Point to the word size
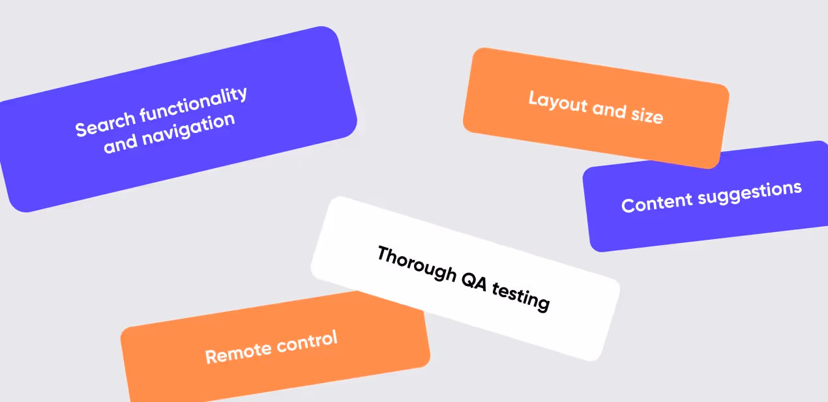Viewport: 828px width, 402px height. coord(647,115)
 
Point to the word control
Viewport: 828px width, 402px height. coord(307,341)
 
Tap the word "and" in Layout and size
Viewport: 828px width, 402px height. coord(610,109)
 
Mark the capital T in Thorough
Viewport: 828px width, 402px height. coord(383,254)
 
